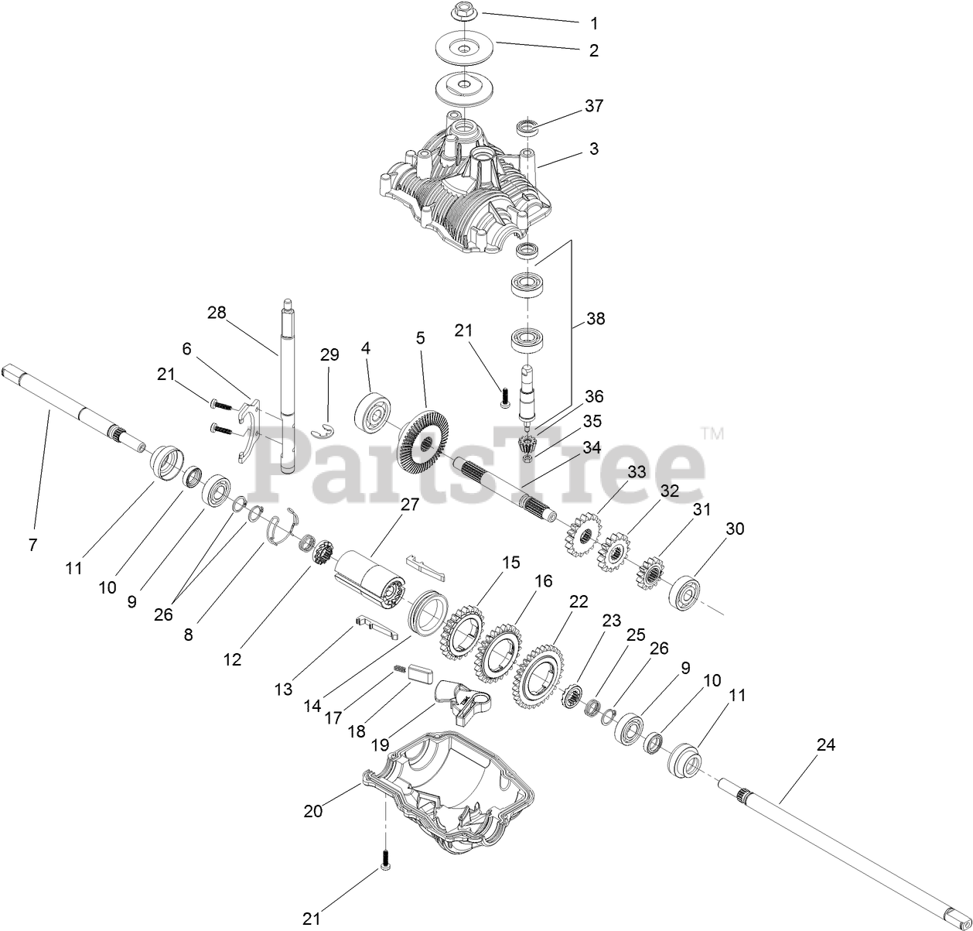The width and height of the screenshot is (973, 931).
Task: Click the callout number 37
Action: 593,105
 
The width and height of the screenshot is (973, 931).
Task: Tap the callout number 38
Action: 595,318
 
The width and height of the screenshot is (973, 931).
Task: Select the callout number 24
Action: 826,744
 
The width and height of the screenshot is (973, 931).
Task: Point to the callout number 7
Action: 32,545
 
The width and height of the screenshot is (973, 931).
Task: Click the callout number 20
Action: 312,810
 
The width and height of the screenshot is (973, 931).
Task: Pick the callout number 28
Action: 217,313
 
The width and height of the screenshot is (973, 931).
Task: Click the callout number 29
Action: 329,354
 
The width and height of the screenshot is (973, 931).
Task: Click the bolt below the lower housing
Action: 384,859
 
